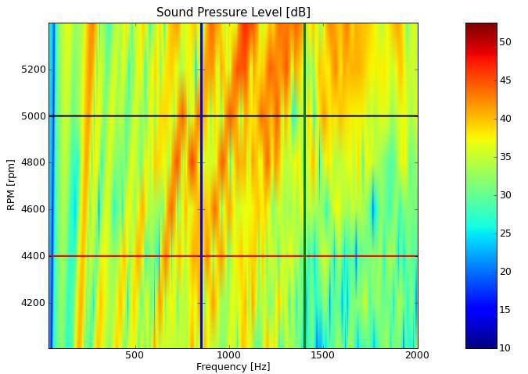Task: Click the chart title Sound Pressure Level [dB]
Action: pos(233,12)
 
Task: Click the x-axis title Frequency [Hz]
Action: pos(233,366)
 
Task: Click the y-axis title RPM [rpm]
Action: pos(11,186)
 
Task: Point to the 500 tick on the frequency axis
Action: pos(135,355)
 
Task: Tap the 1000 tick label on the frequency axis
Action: pos(229,355)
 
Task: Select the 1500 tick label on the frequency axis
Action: pos(323,355)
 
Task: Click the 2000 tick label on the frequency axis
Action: pos(416,355)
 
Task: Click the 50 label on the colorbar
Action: pos(505,42)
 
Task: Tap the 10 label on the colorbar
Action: pos(505,348)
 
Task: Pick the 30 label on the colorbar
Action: pos(505,195)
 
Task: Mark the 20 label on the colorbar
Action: pos(505,272)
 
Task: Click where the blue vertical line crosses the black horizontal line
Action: pos(201,116)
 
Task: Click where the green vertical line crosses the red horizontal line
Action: pos(304,256)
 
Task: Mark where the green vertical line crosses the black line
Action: pos(304,116)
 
